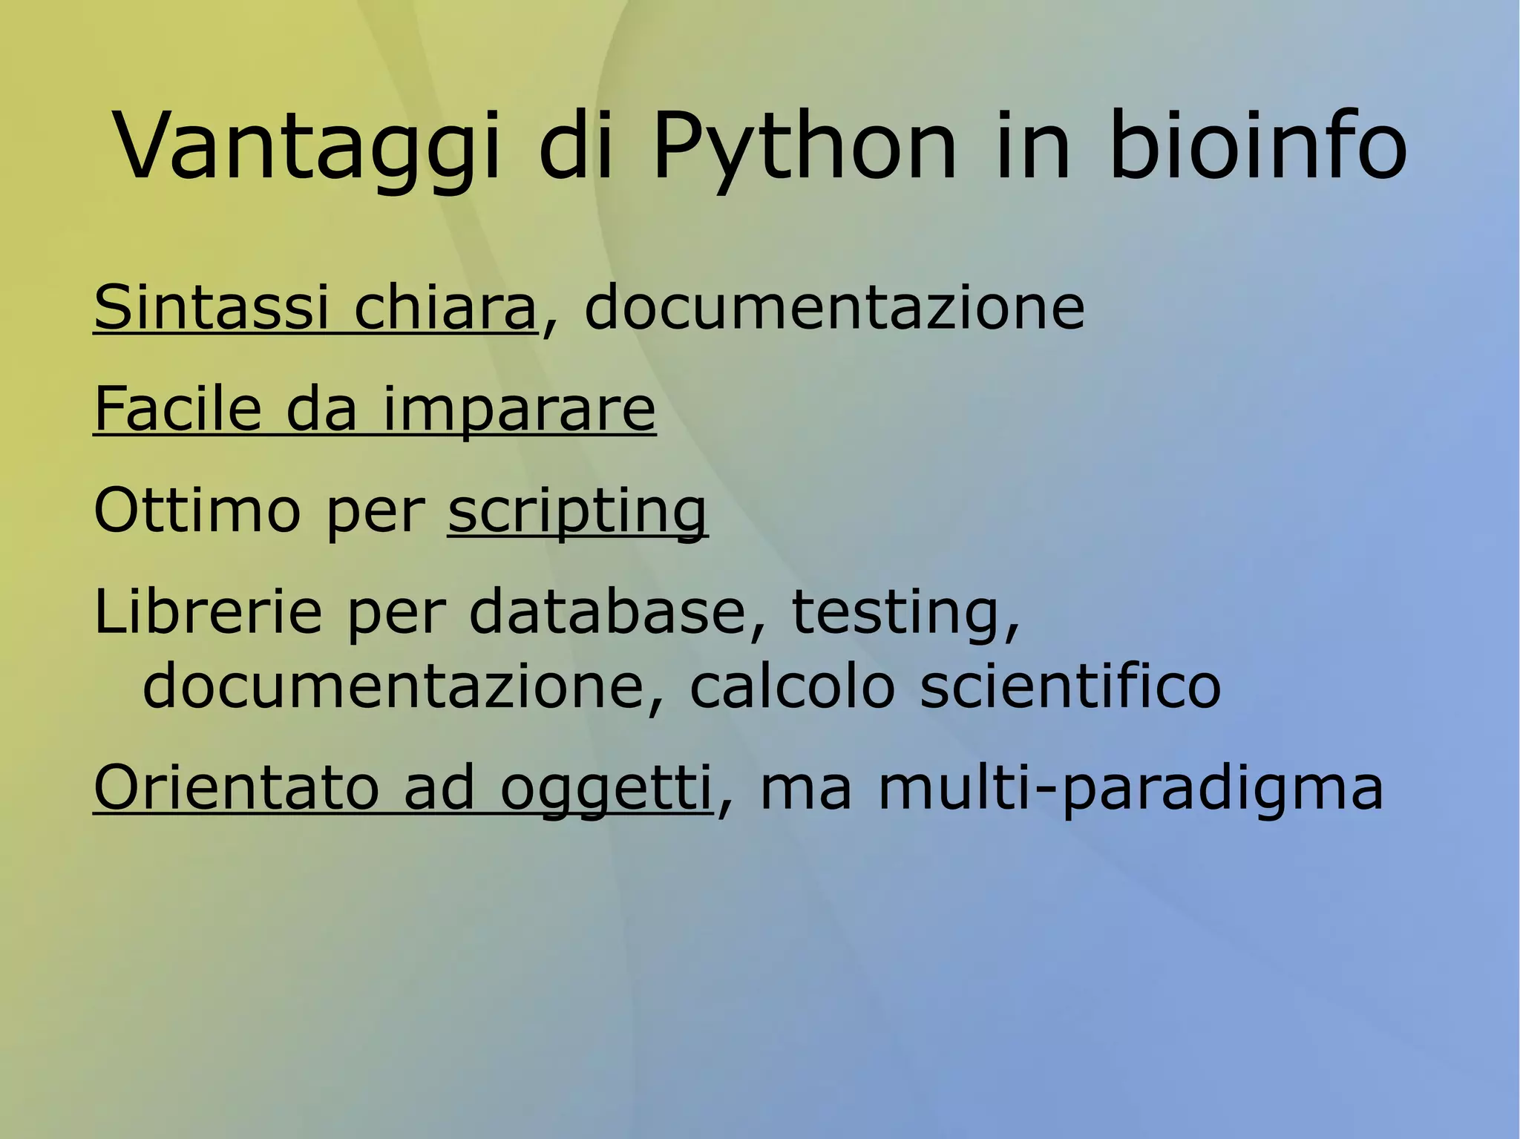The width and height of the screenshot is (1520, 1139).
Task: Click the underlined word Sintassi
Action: pyautogui.click(x=211, y=307)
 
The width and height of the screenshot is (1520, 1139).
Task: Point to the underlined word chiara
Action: pyautogui.click(x=445, y=307)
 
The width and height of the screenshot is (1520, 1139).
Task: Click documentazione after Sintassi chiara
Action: pyautogui.click(x=834, y=307)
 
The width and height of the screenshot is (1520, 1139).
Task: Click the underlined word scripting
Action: pyautogui.click(x=577, y=512)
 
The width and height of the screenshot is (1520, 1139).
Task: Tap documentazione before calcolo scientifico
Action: pyautogui.click(x=393, y=686)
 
